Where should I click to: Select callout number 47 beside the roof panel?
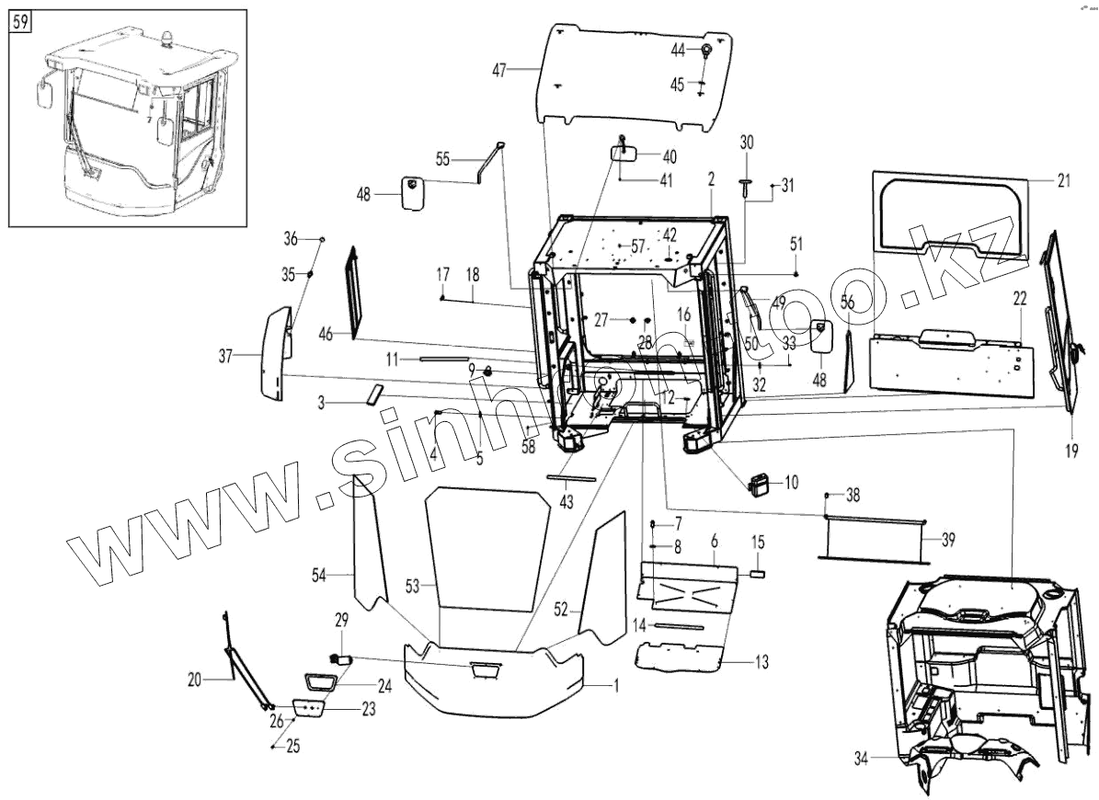(x=499, y=71)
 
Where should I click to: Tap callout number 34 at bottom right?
(x=860, y=759)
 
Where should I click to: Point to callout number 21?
(x=1063, y=181)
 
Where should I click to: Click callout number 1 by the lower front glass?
(x=616, y=685)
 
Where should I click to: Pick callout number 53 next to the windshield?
(x=412, y=585)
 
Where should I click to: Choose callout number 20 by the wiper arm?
(x=193, y=680)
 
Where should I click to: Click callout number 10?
(x=792, y=480)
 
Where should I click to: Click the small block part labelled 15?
(x=759, y=571)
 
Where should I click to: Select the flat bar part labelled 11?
(x=444, y=360)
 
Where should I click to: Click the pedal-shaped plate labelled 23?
(x=310, y=709)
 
